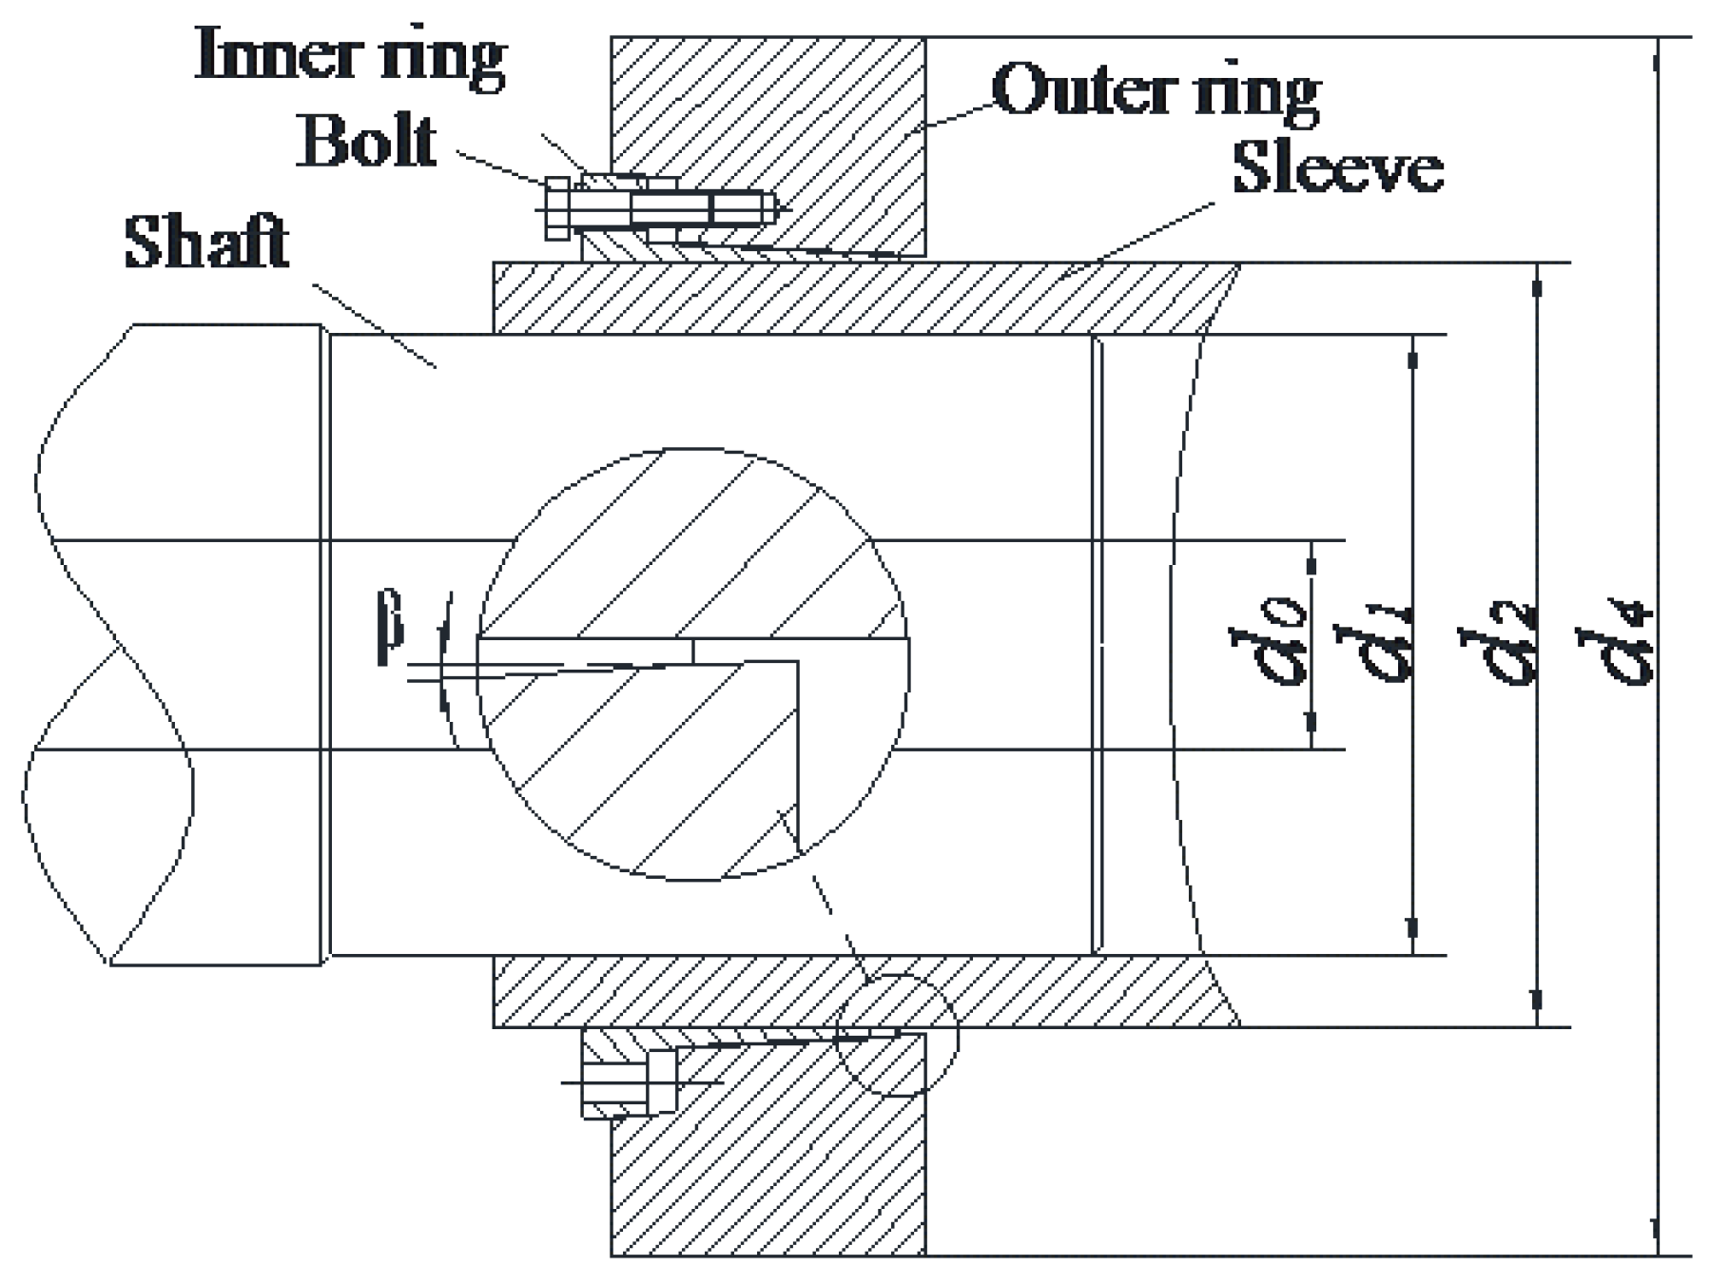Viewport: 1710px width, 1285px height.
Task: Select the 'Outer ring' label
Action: [x=1156, y=92]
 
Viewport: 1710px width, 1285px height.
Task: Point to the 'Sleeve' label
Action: [x=1337, y=167]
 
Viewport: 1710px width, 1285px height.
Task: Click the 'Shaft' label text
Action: [x=206, y=243]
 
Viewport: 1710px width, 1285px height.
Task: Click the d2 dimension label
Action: [x=1499, y=644]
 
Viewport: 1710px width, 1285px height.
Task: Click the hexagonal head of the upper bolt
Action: [x=557, y=208]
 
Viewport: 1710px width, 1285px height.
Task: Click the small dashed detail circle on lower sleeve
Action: [x=897, y=1035]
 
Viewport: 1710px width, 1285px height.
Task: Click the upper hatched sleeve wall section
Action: [x=856, y=298]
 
